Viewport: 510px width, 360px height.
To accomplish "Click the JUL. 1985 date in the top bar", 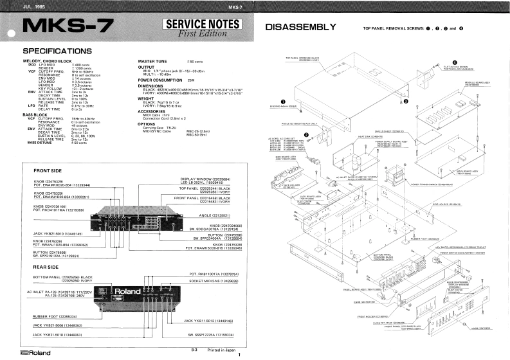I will point(24,6).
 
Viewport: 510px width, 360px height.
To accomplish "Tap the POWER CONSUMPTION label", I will point(161,79).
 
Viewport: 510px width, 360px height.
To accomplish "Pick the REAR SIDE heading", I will point(50,265).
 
